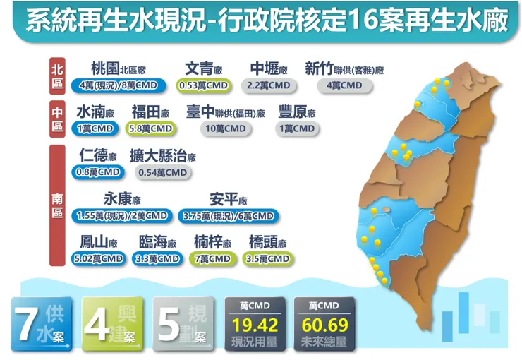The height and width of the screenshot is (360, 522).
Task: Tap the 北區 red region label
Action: coord(57,76)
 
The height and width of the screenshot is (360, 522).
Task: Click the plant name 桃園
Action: coord(105,68)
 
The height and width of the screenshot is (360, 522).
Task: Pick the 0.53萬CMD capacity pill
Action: coord(203,85)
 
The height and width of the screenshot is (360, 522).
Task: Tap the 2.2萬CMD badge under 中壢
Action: coord(269,85)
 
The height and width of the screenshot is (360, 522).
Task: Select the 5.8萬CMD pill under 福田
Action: coord(150,128)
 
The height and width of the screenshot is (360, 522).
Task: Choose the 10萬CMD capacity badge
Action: coord(226,128)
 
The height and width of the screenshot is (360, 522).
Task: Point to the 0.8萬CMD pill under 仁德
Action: coord(97,172)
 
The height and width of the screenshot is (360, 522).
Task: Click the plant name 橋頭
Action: coord(263,242)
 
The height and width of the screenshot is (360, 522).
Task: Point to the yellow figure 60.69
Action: coord(324,326)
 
